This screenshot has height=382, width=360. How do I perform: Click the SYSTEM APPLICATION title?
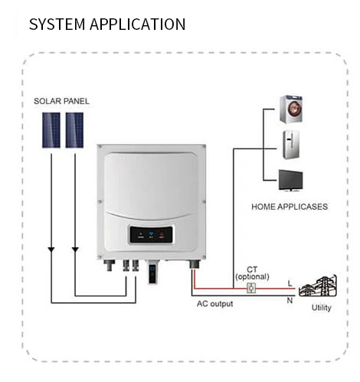[106, 24]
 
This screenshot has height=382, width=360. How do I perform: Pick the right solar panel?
[74, 131]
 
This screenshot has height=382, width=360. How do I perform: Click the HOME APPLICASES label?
[289, 206]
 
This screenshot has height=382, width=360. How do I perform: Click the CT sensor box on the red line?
[251, 288]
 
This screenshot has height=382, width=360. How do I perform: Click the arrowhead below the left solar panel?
[50, 250]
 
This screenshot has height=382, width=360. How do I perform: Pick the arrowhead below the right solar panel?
[74, 250]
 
